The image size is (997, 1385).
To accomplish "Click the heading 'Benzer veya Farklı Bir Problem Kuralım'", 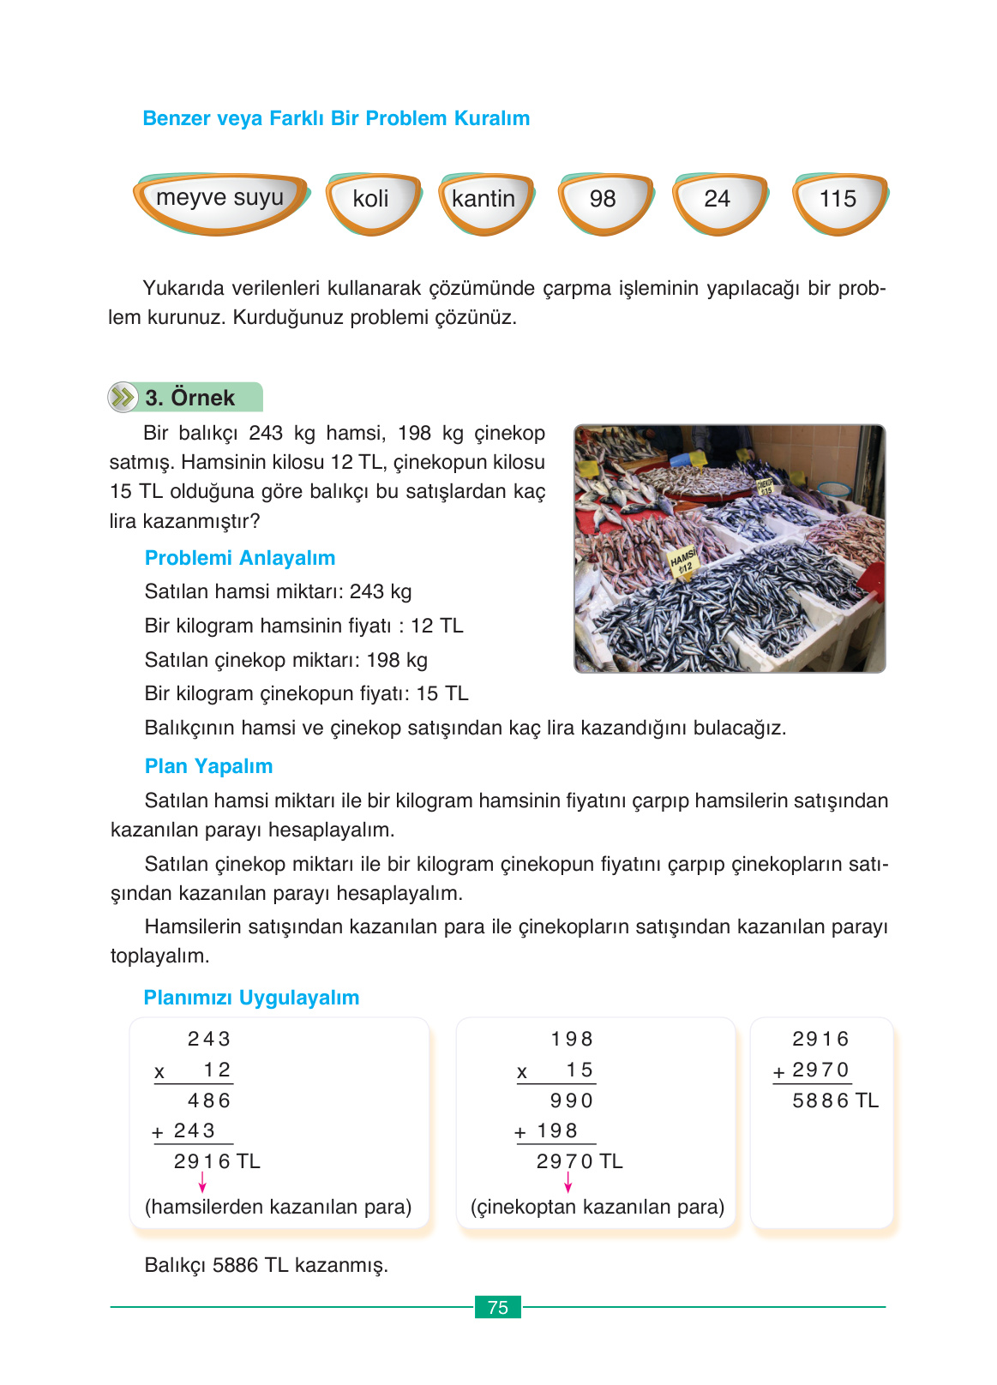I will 336,118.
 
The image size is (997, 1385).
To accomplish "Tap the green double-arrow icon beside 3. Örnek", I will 123,397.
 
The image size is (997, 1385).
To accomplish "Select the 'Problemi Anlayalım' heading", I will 240,558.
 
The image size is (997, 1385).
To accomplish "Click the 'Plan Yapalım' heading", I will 208,766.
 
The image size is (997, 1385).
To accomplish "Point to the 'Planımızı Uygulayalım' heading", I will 251,998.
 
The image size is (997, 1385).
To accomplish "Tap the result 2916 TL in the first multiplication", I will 216,1161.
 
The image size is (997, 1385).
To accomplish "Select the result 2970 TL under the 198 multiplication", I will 579,1161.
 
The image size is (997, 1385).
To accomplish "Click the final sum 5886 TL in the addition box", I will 834,1100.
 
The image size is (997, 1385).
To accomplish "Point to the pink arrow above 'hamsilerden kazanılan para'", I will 202,1183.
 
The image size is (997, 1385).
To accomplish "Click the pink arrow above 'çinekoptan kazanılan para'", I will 568,1183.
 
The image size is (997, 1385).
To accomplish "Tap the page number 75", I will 498,1307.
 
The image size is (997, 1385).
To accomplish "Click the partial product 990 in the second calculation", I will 572,1100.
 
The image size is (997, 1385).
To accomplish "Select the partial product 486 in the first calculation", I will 209,1100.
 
